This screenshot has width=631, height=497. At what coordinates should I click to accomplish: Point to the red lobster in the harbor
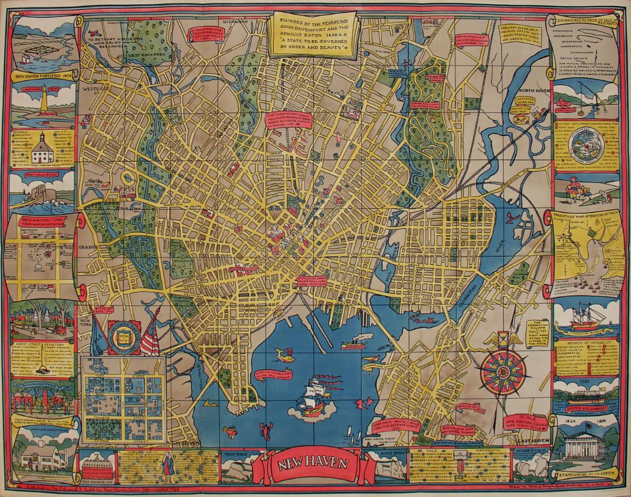266,432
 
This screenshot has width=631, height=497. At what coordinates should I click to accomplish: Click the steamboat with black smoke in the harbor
353,343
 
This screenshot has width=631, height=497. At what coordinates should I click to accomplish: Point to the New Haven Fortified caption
44,76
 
